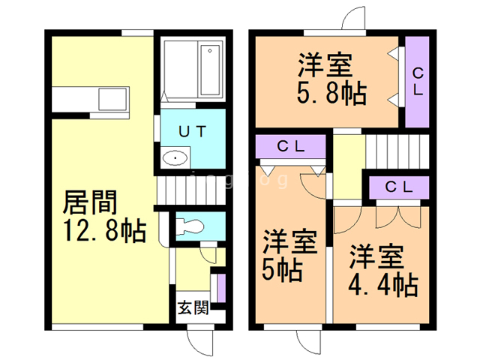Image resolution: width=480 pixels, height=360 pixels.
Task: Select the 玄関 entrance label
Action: coord(193,308)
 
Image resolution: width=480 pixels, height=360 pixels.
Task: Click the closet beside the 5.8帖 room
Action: coord(416,82)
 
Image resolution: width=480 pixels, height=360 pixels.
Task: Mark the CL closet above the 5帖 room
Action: coord(290,147)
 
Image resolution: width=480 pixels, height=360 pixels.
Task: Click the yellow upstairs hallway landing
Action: coord(348,165)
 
